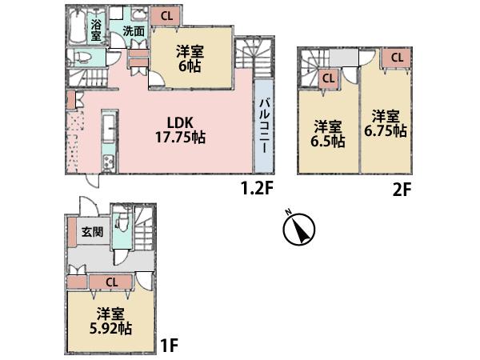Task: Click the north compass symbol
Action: pos(298,230)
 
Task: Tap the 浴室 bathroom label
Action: pos(96,30)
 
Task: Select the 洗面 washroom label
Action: pos(134,32)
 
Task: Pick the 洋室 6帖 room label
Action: pos(190,58)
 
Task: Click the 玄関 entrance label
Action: pos(91,232)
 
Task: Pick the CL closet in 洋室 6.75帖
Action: pos(397,58)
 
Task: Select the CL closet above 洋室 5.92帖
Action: pos(112,281)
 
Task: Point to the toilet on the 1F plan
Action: pos(122,224)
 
